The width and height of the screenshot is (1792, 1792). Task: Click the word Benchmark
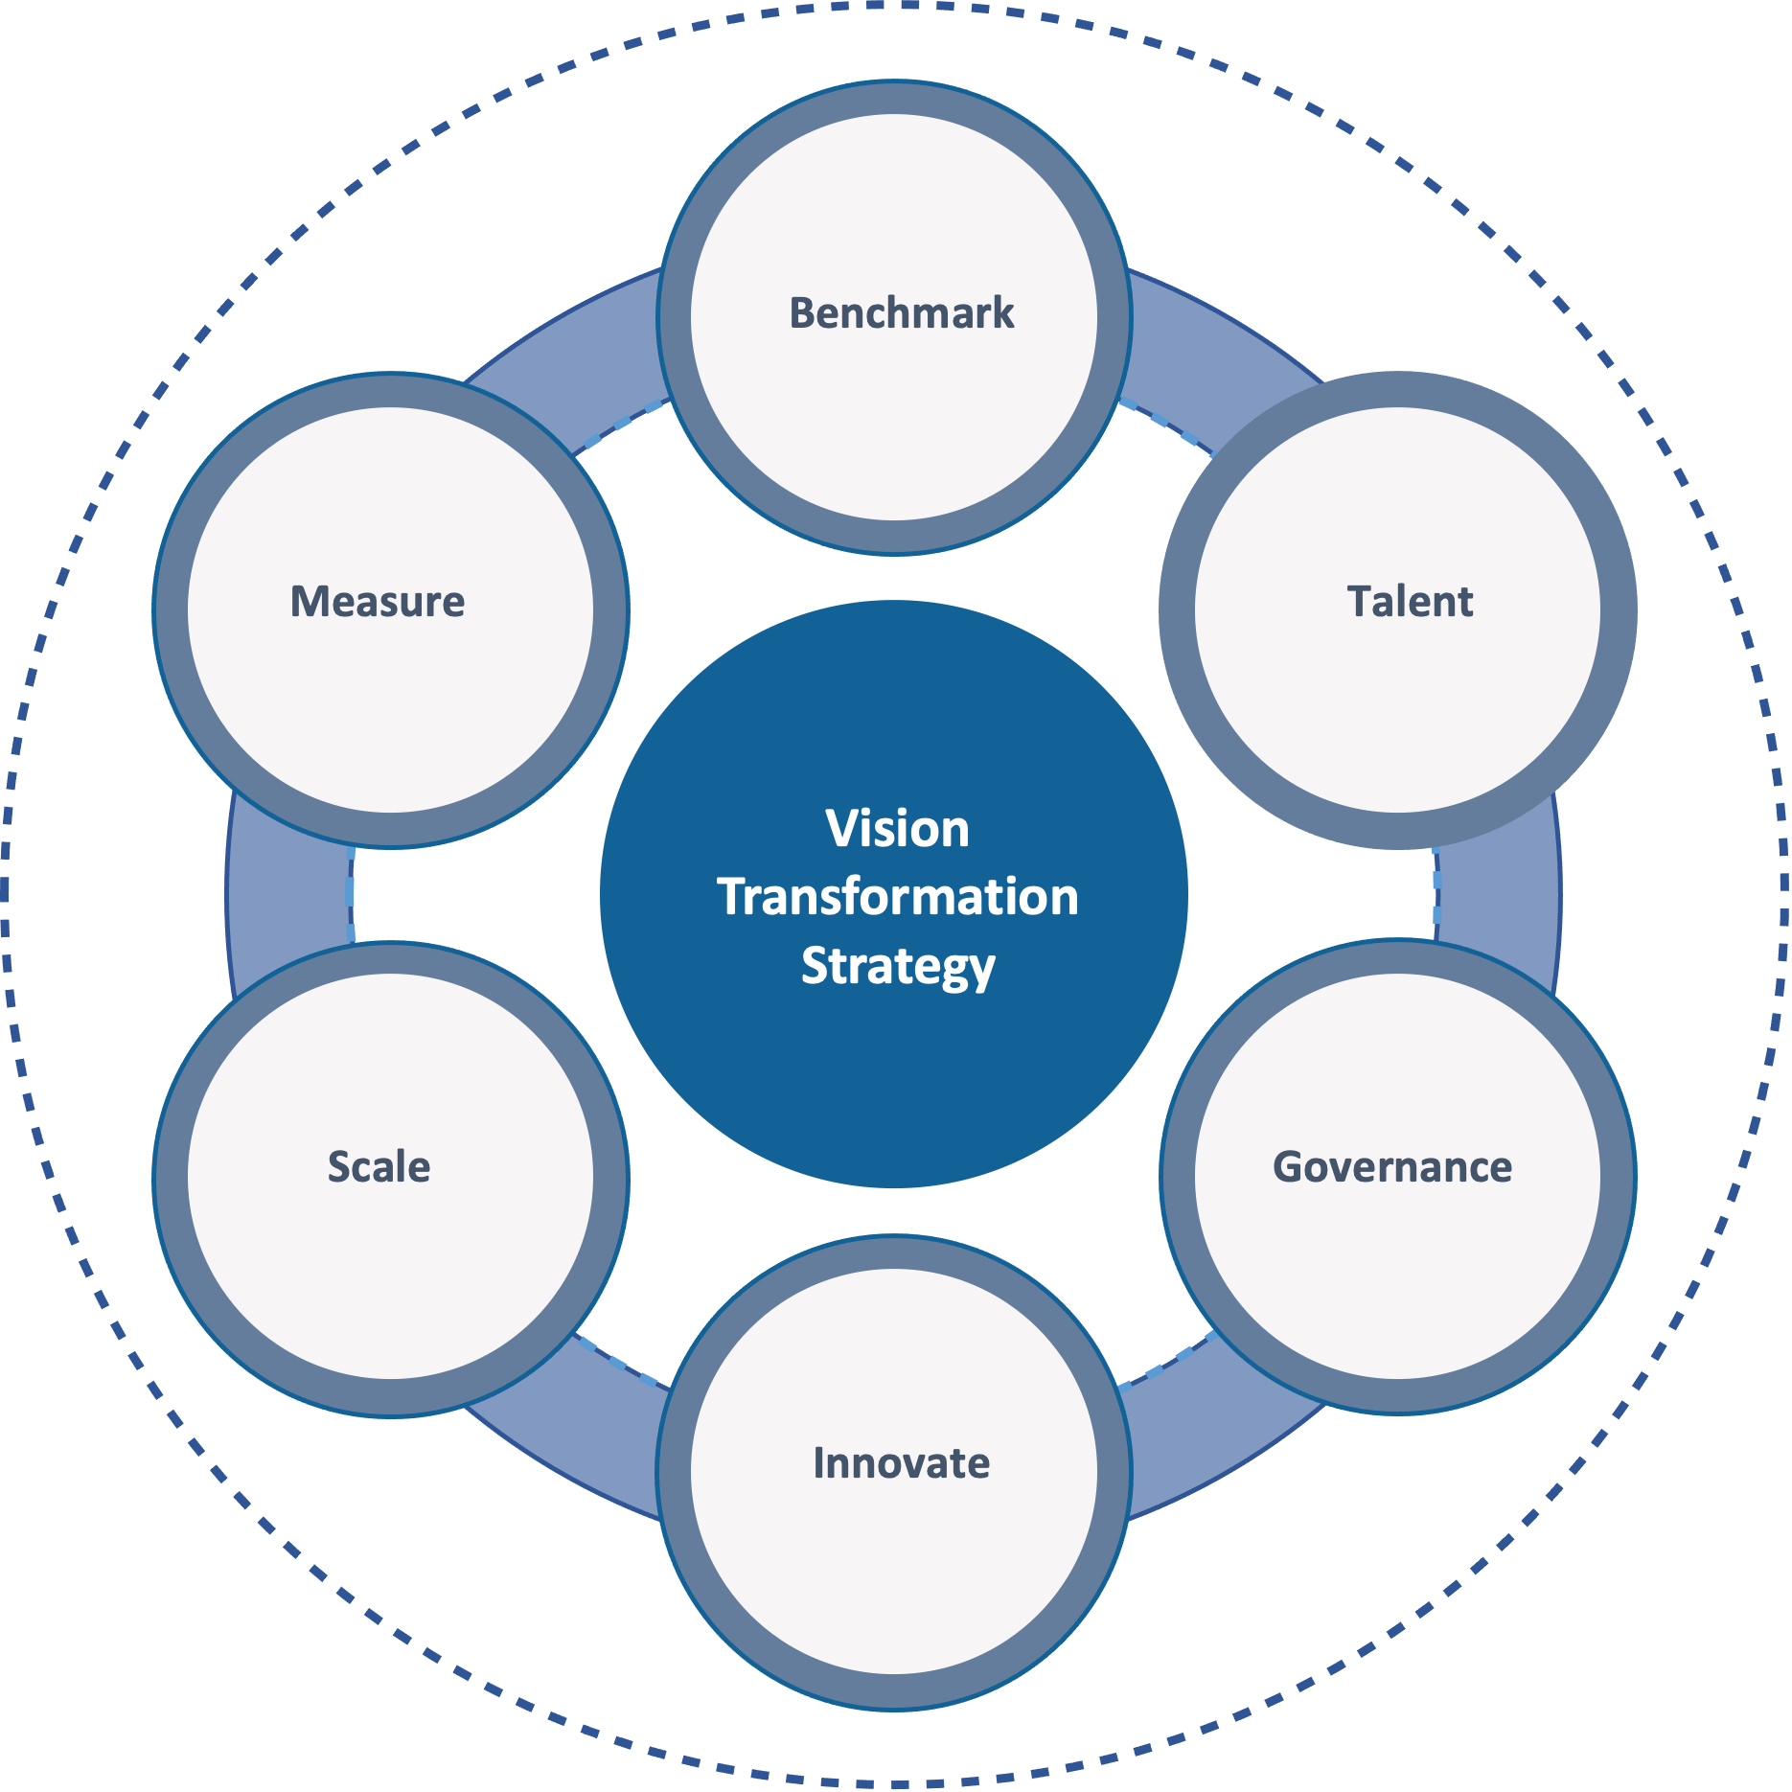pyautogui.click(x=901, y=313)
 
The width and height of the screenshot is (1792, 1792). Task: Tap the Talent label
pyautogui.click(x=1410, y=602)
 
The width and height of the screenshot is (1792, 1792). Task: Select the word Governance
pyautogui.click(x=1391, y=1167)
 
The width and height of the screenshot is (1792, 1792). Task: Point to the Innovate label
pyautogui.click(x=901, y=1463)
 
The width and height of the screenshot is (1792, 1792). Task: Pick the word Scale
pyautogui.click(x=379, y=1167)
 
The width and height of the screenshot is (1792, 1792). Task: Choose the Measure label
pyautogui.click(x=378, y=602)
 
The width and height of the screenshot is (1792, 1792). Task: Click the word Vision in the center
pyautogui.click(x=897, y=829)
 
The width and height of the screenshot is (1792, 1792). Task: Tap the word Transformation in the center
pyautogui.click(x=897, y=898)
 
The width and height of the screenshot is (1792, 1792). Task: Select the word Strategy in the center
pyautogui.click(x=897, y=966)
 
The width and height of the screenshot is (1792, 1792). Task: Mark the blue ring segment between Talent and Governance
pyautogui.click(x=1500, y=891)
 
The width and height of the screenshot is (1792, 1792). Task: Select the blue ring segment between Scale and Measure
pyautogui.click(x=287, y=891)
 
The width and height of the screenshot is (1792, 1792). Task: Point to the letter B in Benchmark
pyautogui.click(x=801, y=313)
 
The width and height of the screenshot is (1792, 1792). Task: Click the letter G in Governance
pyautogui.click(x=1289, y=1167)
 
